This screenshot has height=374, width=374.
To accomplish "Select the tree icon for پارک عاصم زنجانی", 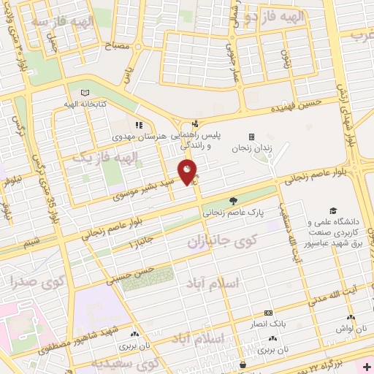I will [x=234, y=200].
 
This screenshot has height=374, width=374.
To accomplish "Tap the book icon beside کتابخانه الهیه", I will [x=86, y=93].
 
